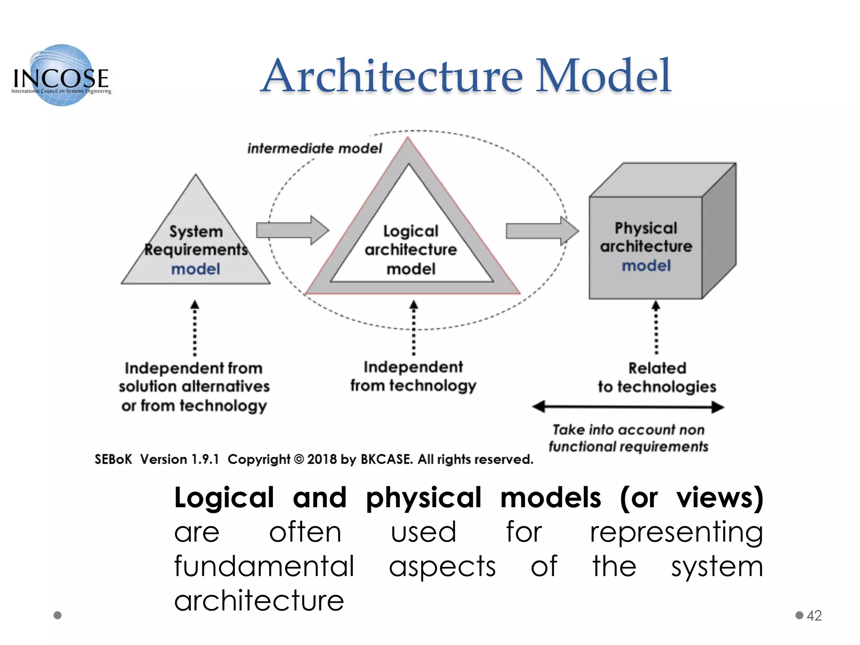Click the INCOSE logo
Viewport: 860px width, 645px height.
[62, 76]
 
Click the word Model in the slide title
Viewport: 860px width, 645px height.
[603, 76]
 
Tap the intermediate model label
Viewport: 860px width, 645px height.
[315, 148]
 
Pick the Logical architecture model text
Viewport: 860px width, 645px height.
[411, 250]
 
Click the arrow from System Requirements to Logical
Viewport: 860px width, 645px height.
[292, 230]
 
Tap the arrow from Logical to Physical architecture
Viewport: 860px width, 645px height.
[542, 231]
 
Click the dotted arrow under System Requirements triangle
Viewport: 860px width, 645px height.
[194, 328]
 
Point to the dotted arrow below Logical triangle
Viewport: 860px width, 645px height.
[414, 328]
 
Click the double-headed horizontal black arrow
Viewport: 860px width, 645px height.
[628, 406]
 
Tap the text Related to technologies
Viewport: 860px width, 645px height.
[657, 377]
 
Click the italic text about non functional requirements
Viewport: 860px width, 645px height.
[628, 438]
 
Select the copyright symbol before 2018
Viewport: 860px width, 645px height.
[299, 459]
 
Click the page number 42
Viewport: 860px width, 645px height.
[814, 615]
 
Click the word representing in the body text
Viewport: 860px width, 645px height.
[676, 532]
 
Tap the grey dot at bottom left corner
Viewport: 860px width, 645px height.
[58, 615]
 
